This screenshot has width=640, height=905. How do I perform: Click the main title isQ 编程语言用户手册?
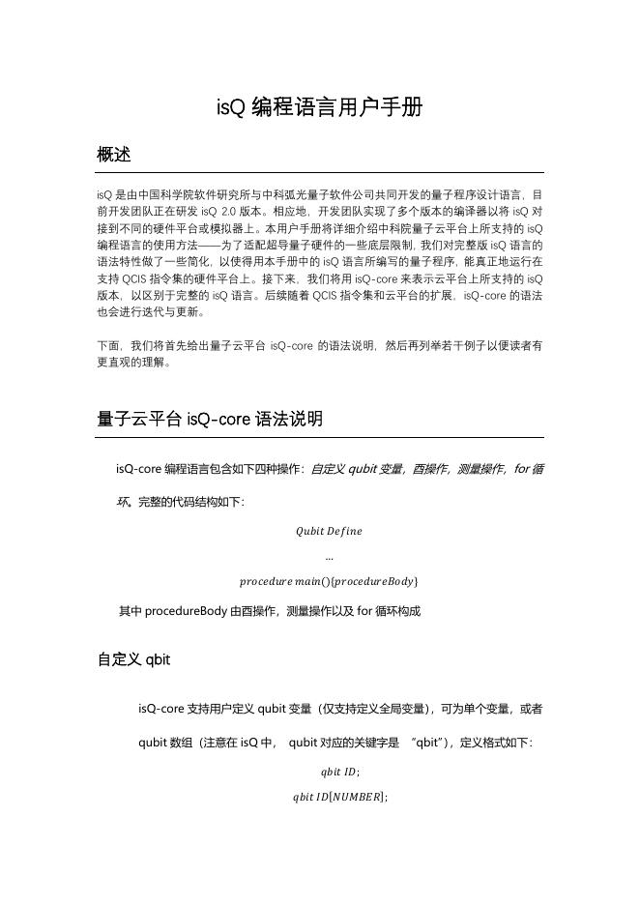tap(319, 106)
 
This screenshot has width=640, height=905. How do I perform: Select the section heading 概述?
tap(114, 154)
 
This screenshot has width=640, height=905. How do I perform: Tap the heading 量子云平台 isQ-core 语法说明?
tap(210, 419)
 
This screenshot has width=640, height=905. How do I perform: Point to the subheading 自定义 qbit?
tap(133, 659)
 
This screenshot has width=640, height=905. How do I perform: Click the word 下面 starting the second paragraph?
tap(109, 345)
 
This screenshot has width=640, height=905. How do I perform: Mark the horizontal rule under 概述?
tap(319, 171)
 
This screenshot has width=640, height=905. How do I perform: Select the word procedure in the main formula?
tap(266, 581)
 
